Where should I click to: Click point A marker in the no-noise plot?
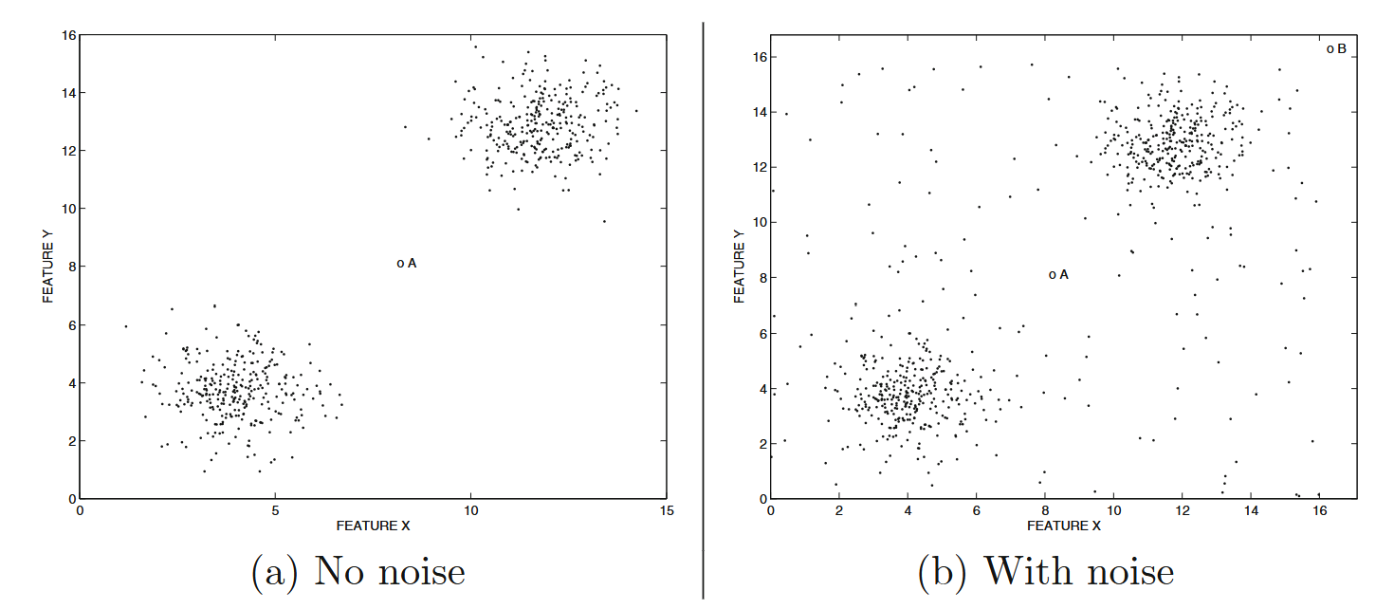[400, 264]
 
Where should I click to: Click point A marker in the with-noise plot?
[1052, 275]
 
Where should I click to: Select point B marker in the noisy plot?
[1330, 48]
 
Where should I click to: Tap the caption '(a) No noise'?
[358, 572]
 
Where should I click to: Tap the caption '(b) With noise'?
[1046, 572]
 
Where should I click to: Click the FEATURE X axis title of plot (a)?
[373, 525]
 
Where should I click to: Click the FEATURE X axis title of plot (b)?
[1063, 525]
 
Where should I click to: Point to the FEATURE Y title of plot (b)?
[740, 266]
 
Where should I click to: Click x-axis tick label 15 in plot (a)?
[667, 510]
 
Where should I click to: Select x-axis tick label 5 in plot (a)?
[275, 510]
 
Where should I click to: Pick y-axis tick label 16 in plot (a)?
[67, 35]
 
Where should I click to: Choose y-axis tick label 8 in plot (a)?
[70, 267]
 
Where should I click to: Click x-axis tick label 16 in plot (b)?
[1318, 510]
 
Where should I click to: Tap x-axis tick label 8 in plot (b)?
[1044, 510]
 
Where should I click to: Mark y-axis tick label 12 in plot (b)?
[759, 168]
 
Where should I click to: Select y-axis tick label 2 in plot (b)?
[761, 444]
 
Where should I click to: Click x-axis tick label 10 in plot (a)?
[470, 510]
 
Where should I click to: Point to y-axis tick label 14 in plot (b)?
[759, 113]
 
